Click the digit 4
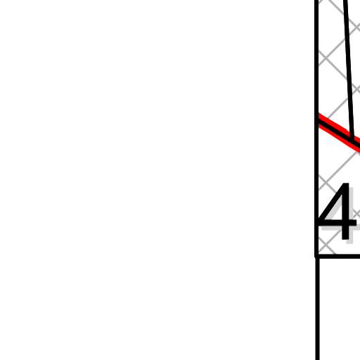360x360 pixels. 337,212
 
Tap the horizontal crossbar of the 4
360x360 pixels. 337,223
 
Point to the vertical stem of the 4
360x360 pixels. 345,212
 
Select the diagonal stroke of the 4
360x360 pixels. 330,202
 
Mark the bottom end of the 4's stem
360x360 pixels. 345,240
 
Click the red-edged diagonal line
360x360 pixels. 339,132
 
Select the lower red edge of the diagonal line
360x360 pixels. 339,137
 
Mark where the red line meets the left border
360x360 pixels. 319,120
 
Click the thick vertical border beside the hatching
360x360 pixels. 316,129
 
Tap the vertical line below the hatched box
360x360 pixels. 317,309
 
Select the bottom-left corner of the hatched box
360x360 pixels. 316,257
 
